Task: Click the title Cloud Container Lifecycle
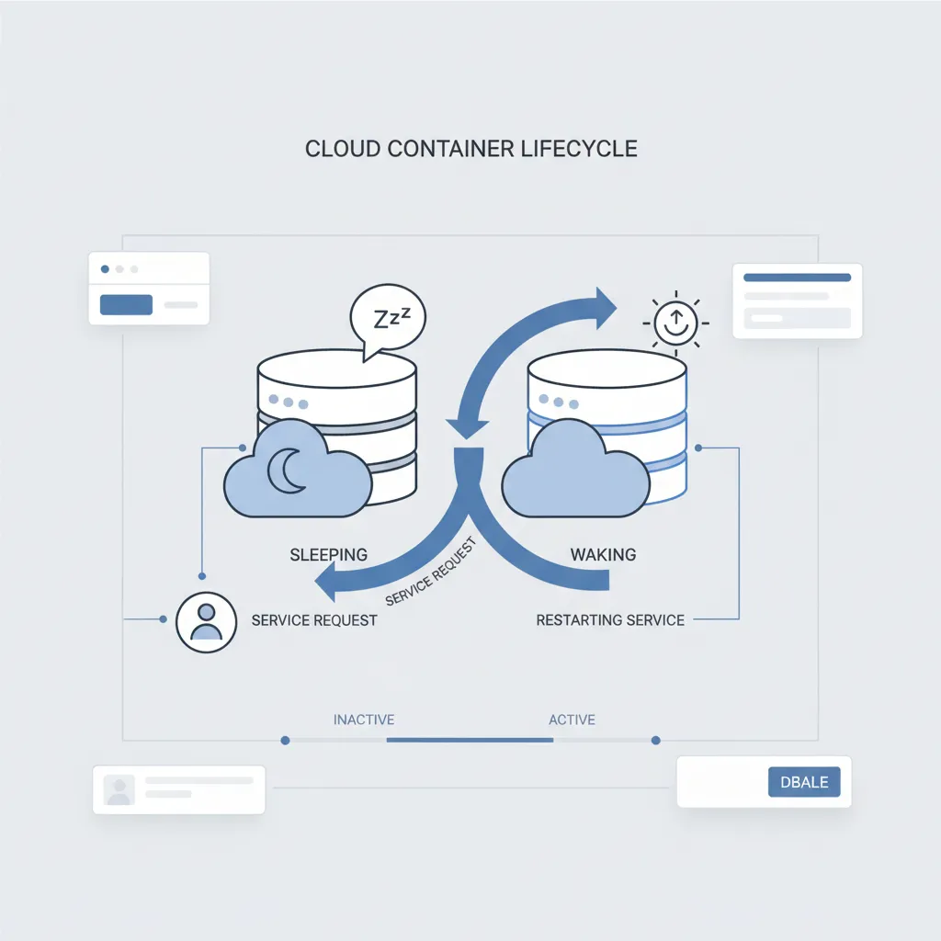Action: pos(470,149)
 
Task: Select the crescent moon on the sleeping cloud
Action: pos(288,470)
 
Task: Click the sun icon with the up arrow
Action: pos(675,321)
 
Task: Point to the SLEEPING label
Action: pos(328,554)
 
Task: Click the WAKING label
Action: pos(603,554)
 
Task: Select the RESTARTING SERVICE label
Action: pos(610,620)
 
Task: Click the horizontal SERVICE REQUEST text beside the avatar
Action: pos(314,620)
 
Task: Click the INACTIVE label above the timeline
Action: pos(364,720)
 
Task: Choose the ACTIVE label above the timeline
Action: pos(572,720)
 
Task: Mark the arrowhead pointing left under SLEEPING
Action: pos(326,582)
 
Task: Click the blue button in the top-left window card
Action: pos(126,304)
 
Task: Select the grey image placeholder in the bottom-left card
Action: pos(119,789)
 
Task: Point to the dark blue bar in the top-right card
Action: pos(797,277)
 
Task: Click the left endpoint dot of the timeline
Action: pos(285,740)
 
